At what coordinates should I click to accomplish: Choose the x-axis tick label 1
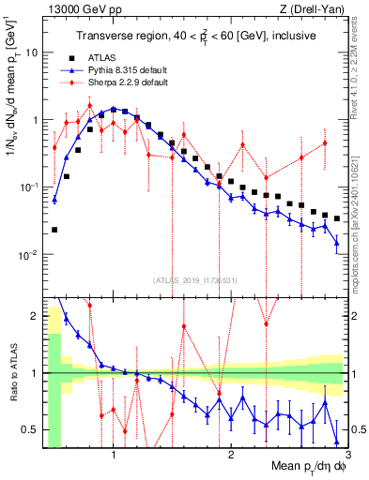pyautogui.click(x=114, y=457)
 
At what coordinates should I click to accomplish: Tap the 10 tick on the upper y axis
pyautogui.click(x=32, y=52)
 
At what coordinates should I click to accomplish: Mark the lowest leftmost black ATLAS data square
pyautogui.click(x=54, y=230)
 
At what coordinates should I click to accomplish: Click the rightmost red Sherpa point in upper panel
pyautogui.click(x=325, y=143)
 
